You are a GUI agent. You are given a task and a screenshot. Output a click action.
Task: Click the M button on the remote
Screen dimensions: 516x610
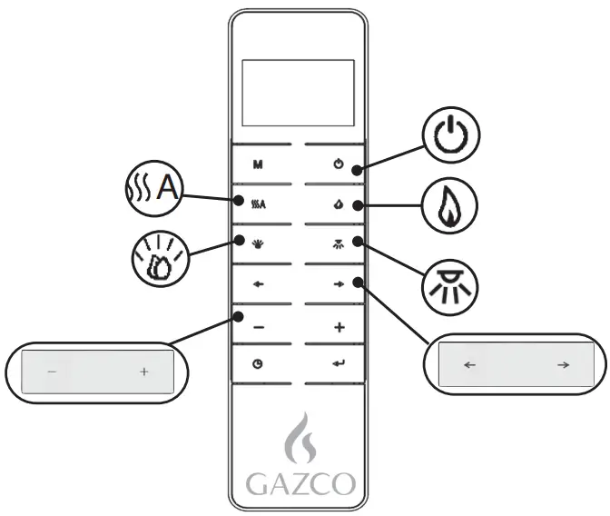click(259, 165)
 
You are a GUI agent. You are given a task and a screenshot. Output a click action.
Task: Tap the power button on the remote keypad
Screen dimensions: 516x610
click(339, 165)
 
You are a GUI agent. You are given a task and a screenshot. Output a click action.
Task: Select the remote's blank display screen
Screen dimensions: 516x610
click(299, 93)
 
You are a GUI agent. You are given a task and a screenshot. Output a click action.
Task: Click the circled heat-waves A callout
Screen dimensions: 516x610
click(153, 189)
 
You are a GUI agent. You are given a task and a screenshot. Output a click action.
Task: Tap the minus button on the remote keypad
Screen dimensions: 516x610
click(259, 327)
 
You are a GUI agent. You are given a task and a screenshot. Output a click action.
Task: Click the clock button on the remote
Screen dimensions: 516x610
click(259, 364)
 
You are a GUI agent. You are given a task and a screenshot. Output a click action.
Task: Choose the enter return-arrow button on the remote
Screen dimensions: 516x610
click(339, 364)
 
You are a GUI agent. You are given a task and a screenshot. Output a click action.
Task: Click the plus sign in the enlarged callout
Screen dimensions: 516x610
click(143, 372)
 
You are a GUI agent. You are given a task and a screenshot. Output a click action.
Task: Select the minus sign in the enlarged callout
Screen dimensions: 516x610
click(52, 372)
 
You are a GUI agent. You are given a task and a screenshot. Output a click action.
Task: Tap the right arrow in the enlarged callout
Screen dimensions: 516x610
click(563, 365)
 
